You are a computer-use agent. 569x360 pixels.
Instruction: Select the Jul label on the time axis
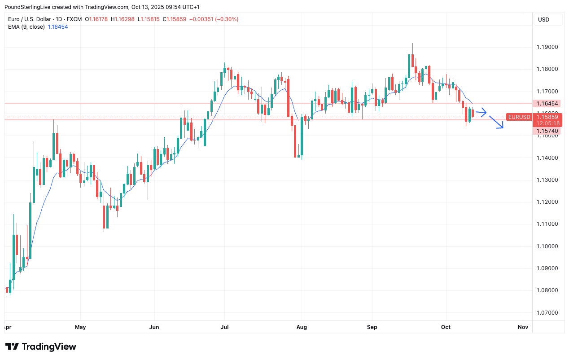click(225, 327)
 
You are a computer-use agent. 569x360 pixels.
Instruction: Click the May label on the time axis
click(80, 327)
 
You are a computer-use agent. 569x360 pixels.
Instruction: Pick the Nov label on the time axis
click(523, 327)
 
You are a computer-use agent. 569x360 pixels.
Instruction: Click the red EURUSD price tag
click(519, 117)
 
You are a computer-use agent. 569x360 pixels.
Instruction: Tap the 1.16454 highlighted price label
click(547, 104)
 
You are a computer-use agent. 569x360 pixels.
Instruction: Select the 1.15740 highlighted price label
click(547, 131)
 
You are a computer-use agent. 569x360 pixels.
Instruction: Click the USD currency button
click(543, 20)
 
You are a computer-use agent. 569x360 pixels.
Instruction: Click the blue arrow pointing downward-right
click(496, 123)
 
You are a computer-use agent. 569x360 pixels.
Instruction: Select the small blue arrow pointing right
click(481, 112)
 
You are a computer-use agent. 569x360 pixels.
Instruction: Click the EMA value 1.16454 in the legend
click(58, 27)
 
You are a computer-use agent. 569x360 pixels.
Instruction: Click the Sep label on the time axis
click(372, 327)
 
